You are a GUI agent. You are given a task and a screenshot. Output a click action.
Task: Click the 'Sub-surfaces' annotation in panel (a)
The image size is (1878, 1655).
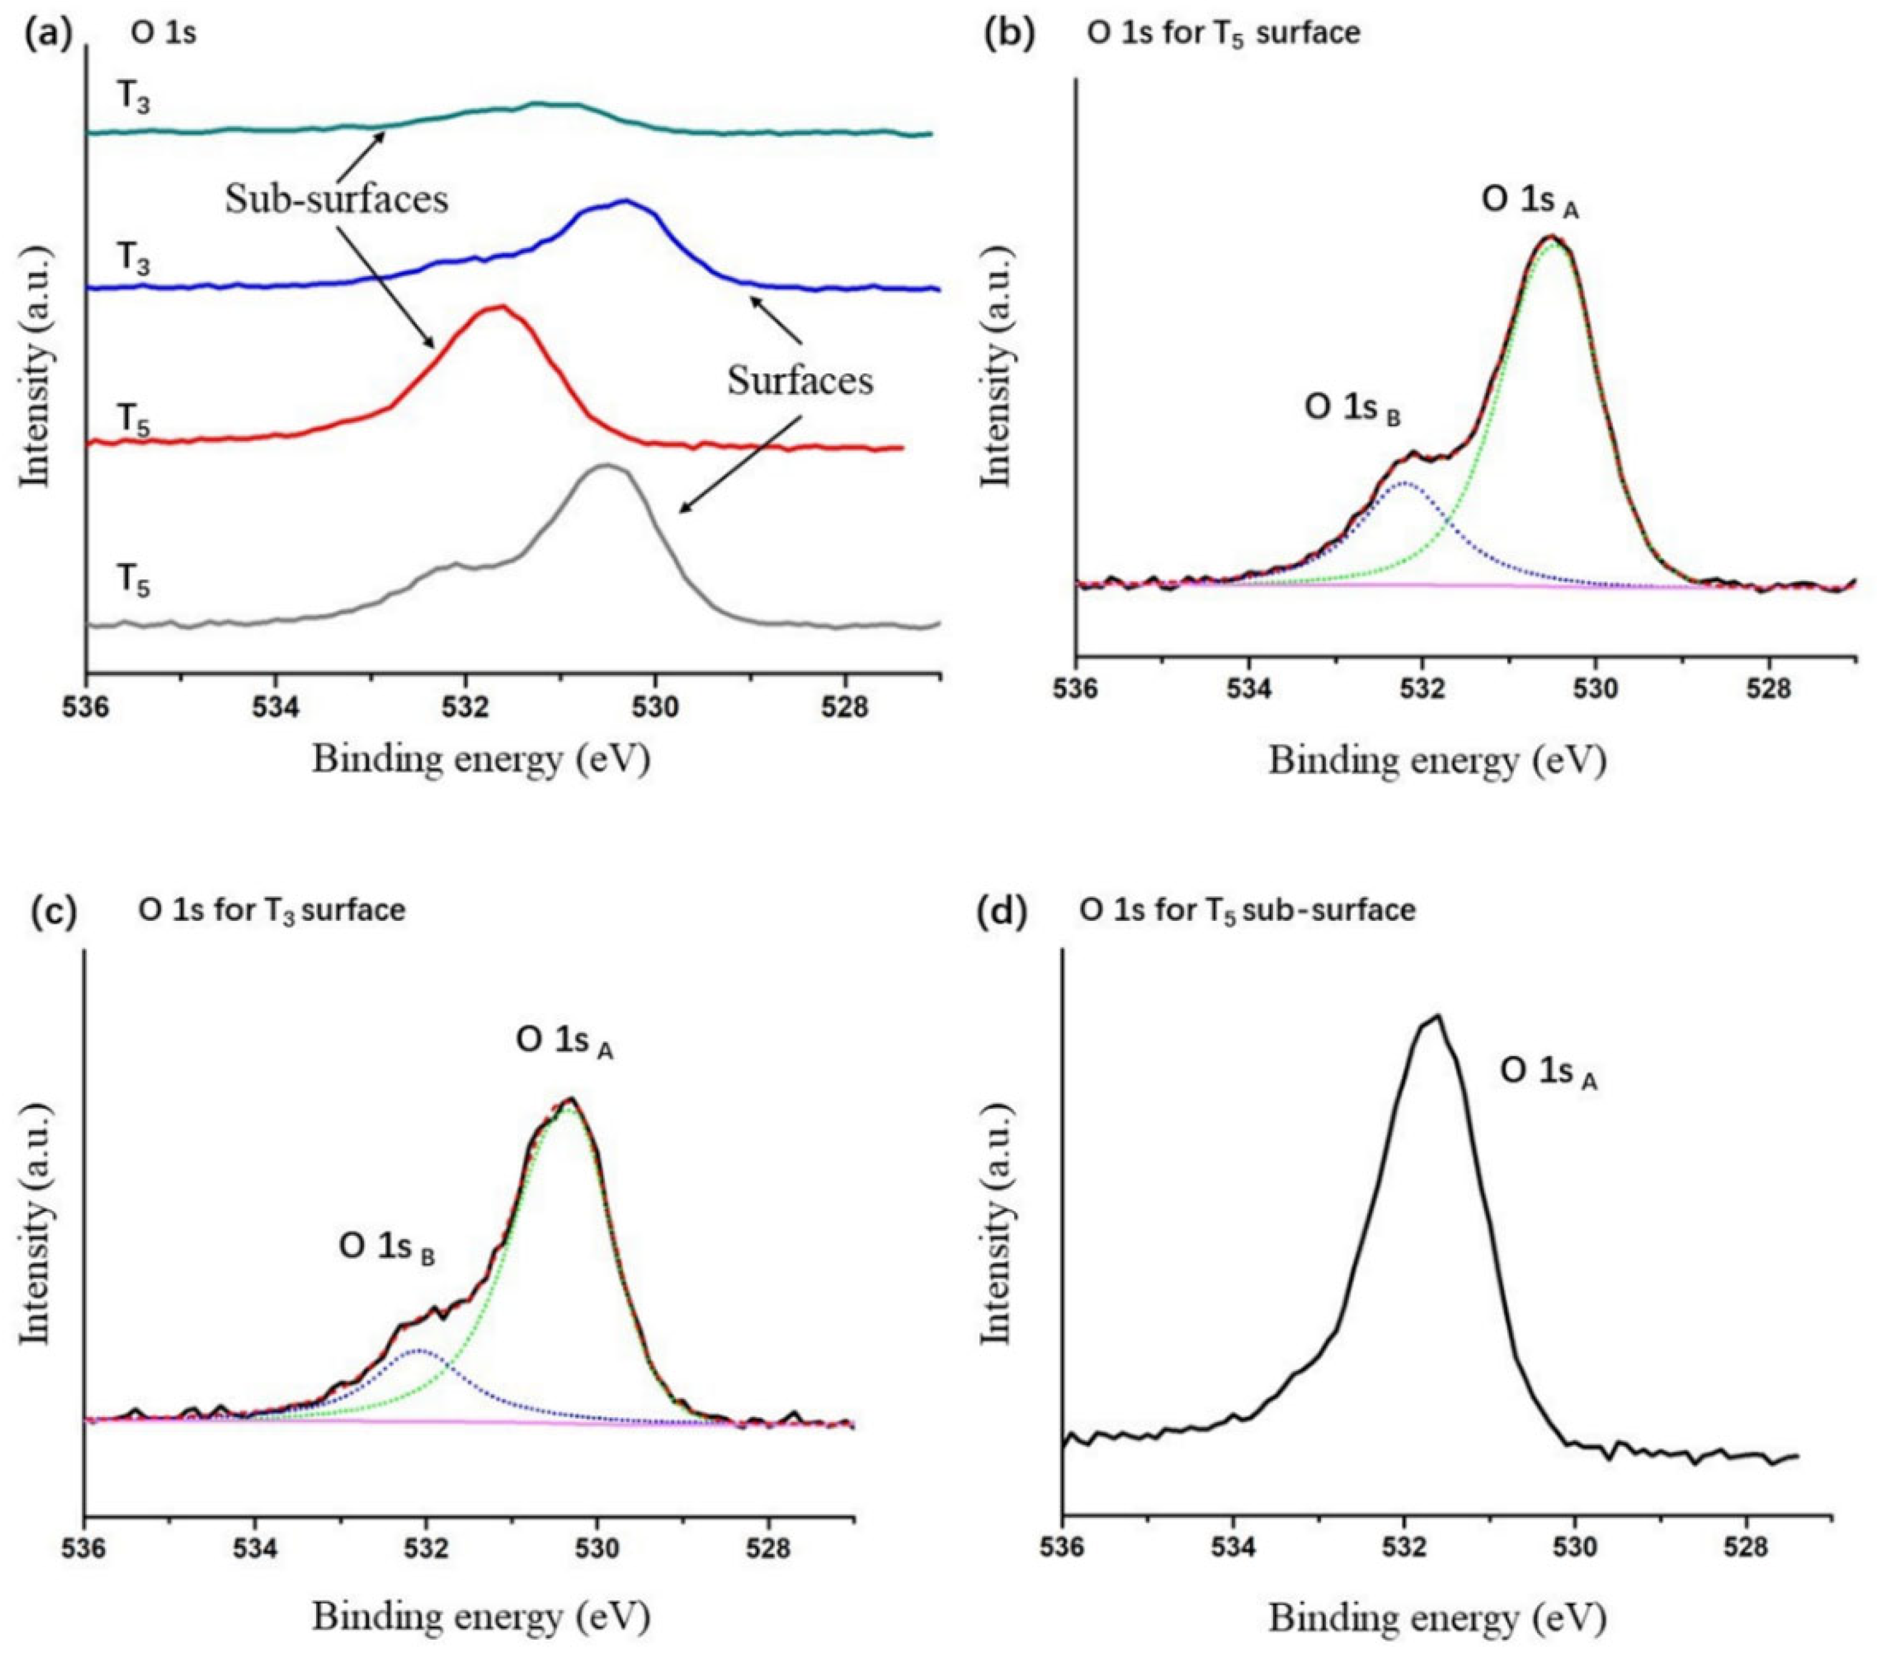tap(336, 200)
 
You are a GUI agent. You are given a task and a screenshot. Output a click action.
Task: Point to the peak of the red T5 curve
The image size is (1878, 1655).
tap(499, 308)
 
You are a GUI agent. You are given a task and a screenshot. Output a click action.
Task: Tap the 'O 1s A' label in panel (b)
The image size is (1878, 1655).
tap(1530, 202)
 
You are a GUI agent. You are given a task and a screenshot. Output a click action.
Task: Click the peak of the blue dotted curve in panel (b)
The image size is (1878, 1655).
tap(1403, 482)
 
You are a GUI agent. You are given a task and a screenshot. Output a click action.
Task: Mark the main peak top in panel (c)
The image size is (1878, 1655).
tap(570, 1099)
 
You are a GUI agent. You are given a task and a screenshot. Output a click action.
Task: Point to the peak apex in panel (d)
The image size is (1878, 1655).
tap(1436, 1016)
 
